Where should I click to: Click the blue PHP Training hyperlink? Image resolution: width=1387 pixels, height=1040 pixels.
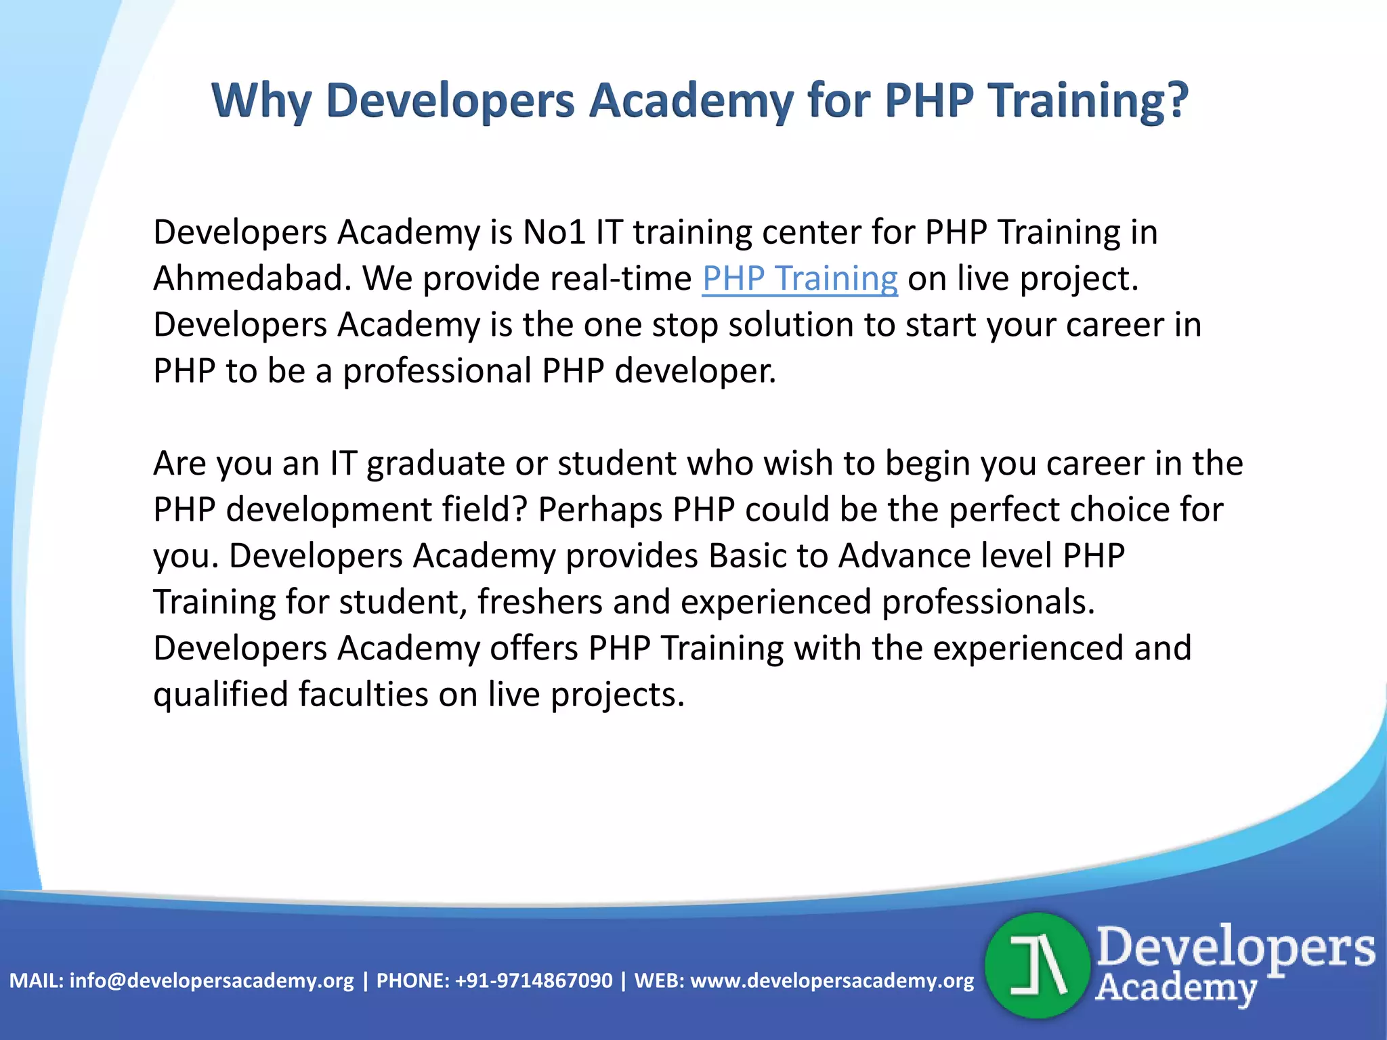click(x=800, y=278)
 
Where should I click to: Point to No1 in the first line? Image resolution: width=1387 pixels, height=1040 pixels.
click(x=554, y=232)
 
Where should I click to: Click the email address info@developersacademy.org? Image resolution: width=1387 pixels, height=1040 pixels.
click(x=211, y=980)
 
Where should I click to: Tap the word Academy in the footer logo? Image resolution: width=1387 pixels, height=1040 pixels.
click(x=1176, y=988)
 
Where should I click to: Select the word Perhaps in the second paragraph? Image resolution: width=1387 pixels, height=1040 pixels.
click(x=599, y=510)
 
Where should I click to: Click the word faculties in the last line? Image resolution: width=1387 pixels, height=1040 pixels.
click(x=363, y=695)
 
